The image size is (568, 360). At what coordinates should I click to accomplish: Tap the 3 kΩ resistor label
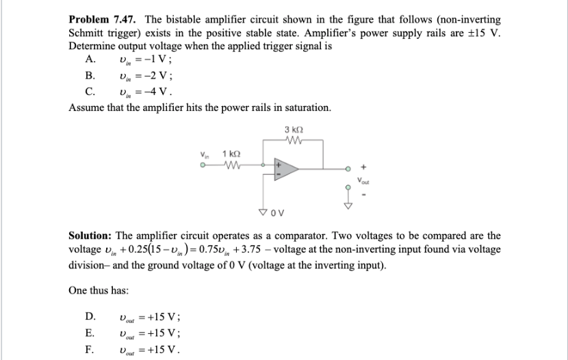pos(293,130)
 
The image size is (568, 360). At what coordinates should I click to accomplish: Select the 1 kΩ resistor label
pos(232,155)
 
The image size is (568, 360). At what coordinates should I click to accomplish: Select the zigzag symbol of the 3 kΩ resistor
pos(293,141)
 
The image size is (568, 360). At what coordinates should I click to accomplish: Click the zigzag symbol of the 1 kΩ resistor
pos(232,165)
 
